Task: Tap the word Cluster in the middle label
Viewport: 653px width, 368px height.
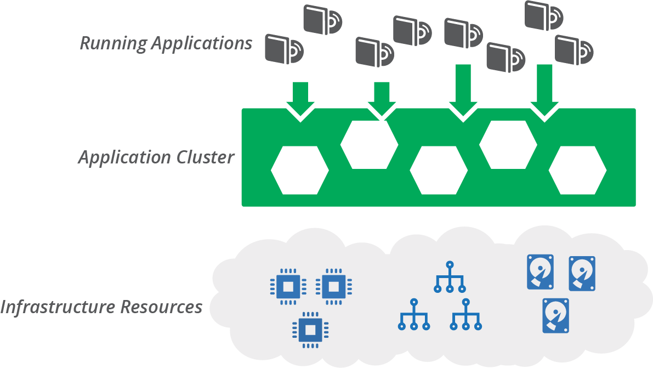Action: [x=206, y=157]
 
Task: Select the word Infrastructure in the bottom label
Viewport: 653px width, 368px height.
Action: [x=58, y=307]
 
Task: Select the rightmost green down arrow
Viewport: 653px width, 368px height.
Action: [x=544, y=91]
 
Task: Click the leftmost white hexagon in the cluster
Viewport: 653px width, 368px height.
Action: [x=299, y=170]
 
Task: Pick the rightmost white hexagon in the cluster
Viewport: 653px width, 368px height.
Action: [x=577, y=170]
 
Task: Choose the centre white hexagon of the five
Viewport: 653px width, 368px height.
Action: [x=439, y=170]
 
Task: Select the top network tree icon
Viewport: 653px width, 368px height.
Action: [x=450, y=276]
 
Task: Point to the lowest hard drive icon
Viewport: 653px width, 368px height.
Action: [x=555, y=315]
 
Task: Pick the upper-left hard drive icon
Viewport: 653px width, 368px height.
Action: [x=540, y=272]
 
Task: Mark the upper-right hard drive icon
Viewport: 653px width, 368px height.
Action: [x=582, y=273]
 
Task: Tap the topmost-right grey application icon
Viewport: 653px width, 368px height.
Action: [x=543, y=16]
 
